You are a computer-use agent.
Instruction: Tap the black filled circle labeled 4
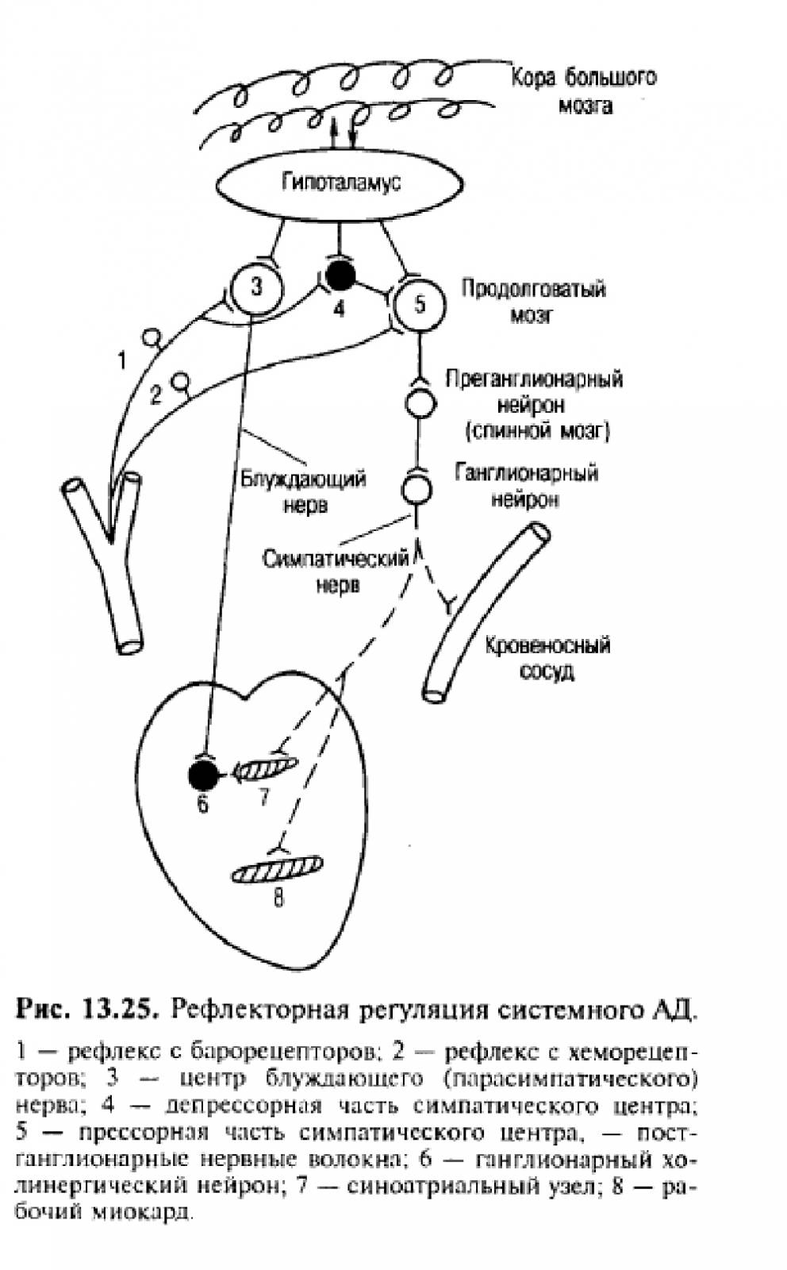click(x=340, y=275)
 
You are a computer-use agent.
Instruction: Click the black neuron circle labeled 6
click(x=204, y=775)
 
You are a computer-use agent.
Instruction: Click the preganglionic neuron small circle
click(x=420, y=404)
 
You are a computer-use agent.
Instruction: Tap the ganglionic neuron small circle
click(x=417, y=489)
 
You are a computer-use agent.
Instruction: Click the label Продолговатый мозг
click(x=533, y=302)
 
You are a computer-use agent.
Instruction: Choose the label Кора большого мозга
click(x=584, y=91)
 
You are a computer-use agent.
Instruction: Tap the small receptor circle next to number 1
click(x=152, y=337)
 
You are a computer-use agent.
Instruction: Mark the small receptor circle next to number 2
click(x=182, y=380)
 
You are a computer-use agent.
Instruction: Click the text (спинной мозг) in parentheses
click(x=537, y=432)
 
